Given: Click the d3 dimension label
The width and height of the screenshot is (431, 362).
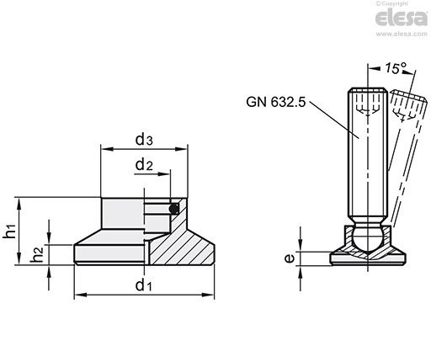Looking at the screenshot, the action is click(x=144, y=140).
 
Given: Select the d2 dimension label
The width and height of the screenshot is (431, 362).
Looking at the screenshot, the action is click(x=144, y=164).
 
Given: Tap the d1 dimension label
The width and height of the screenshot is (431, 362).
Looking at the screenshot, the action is click(x=143, y=285).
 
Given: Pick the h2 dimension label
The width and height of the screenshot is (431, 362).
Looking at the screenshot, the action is click(x=37, y=254).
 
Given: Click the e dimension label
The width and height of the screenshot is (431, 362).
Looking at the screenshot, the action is click(x=289, y=258).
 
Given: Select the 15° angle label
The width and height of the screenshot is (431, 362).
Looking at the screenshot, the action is click(x=396, y=68).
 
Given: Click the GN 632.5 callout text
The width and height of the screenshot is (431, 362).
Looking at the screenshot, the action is click(x=275, y=102).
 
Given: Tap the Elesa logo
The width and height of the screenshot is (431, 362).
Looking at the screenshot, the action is click(x=402, y=18).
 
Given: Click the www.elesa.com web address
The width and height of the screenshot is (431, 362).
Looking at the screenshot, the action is click(x=402, y=34).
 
